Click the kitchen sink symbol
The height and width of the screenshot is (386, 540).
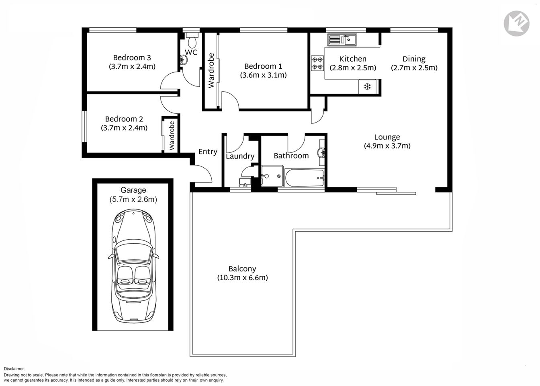click(x=341, y=40)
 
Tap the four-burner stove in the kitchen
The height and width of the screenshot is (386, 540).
click(x=317, y=63)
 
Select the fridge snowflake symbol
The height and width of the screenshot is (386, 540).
click(x=367, y=86)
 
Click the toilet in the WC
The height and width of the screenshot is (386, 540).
click(x=192, y=40)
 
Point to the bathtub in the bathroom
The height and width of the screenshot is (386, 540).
click(x=304, y=177)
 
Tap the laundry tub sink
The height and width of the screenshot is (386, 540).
click(x=245, y=182)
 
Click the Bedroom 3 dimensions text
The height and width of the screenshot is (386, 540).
click(x=132, y=66)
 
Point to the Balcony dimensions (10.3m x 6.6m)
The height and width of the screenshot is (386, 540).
click(x=242, y=277)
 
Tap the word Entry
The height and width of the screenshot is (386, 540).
click(x=208, y=152)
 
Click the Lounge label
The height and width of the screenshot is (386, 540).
click(x=387, y=137)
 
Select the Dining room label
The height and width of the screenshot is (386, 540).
click(x=414, y=59)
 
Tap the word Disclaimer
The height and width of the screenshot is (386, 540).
click(x=14, y=368)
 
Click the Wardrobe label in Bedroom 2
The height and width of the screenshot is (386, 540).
click(x=172, y=136)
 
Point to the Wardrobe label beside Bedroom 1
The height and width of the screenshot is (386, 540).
click(x=211, y=70)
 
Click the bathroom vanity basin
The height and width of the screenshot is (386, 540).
click(x=321, y=153)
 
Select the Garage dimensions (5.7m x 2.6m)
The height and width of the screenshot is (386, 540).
click(x=133, y=199)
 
